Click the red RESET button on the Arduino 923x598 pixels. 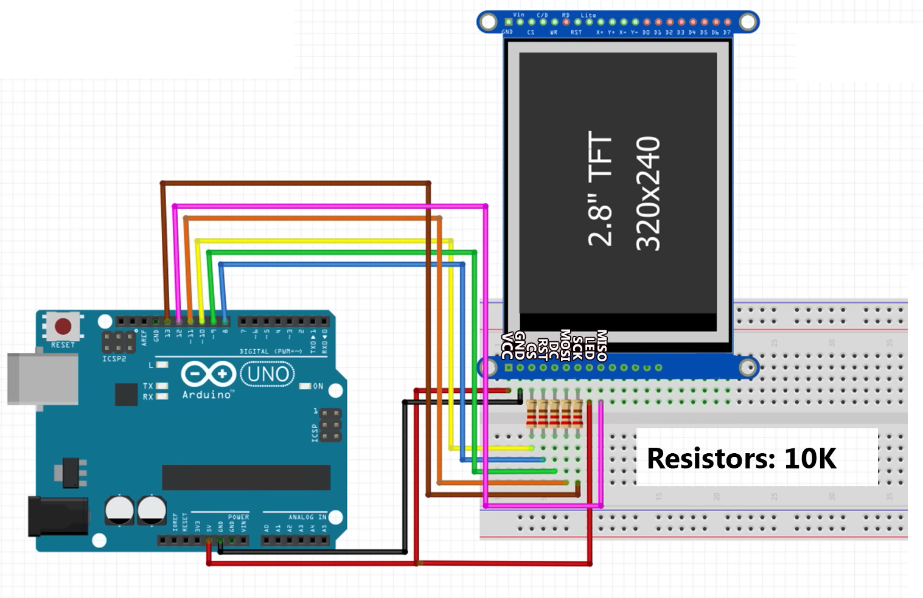click(63, 327)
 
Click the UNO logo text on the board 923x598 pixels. click(268, 374)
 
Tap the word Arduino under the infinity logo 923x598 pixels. click(207, 395)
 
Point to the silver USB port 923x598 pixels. click(43, 378)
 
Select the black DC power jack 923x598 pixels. click(58, 516)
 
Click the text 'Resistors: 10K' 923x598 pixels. click(741, 458)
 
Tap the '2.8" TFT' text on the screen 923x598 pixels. click(600, 189)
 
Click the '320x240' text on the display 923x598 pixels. click(648, 193)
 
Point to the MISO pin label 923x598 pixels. click(602, 345)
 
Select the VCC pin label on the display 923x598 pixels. click(507, 346)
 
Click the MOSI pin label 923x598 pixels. click(565, 345)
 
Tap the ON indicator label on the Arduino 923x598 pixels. click(318, 386)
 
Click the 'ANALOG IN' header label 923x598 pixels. click(307, 517)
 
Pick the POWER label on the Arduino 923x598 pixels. click(239, 517)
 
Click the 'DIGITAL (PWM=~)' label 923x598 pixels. click(271, 352)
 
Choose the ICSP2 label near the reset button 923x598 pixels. click(114, 359)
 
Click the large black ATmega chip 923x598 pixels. click(246, 478)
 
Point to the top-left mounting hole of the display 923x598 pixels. click(488, 22)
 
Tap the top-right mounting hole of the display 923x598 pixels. click(748, 22)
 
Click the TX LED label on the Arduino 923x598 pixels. click(148, 386)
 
